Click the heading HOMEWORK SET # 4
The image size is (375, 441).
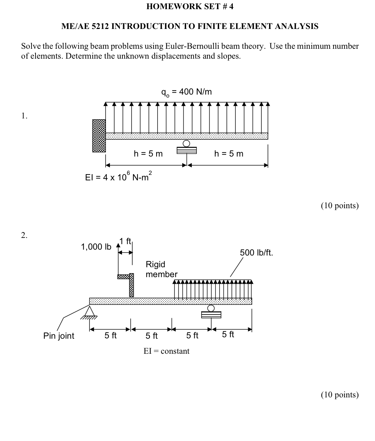190,6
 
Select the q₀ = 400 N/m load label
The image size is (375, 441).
187,92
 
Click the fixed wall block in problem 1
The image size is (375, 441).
99,136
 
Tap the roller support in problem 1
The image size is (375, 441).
187,148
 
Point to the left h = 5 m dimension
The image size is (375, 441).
148,154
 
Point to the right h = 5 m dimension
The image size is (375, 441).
229,154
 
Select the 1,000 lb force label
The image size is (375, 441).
96,247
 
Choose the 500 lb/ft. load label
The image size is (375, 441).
257,253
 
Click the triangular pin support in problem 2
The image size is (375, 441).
89,311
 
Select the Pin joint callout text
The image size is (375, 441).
59,336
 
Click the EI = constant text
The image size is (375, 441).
166,351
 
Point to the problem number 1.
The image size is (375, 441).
24,116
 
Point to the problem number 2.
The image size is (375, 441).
24,235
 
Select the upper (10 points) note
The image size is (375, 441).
339,205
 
